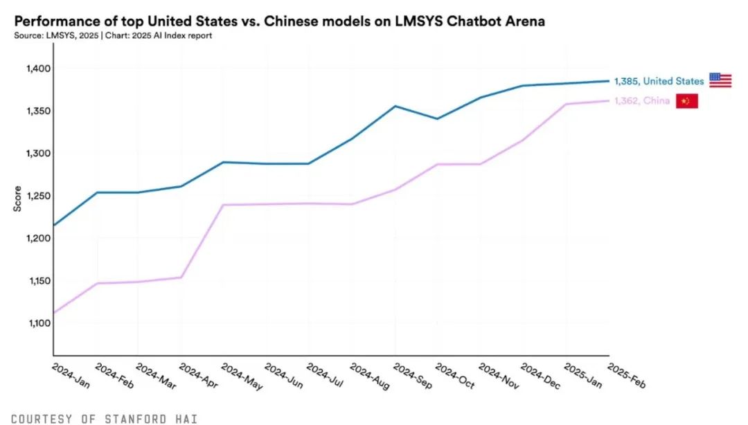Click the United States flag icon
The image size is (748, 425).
(720, 80)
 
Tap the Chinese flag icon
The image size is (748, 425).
(686, 101)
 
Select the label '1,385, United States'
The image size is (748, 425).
(659, 81)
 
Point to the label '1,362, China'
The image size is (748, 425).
(642, 101)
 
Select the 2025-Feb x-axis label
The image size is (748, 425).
(626, 377)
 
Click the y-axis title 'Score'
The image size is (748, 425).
(17, 198)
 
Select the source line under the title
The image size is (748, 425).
(112, 35)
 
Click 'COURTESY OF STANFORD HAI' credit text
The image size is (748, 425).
(105, 419)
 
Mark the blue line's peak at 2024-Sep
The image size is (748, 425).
(395, 106)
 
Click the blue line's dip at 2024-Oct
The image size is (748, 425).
(437, 118)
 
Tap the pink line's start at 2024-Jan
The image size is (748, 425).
(54, 313)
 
